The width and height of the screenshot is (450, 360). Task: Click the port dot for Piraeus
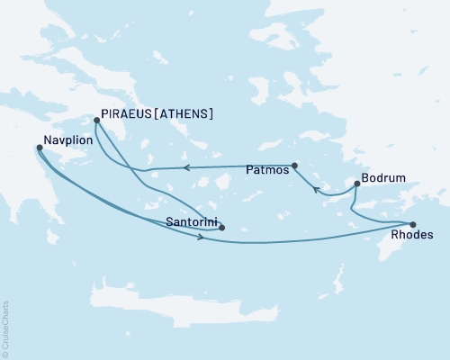(95, 117)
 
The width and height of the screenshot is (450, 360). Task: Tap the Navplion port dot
(38, 148)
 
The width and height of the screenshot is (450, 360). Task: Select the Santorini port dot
(221, 228)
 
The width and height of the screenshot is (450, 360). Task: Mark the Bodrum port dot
(357, 184)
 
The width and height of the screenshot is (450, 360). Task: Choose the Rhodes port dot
(412, 225)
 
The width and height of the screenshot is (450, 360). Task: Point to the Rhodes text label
(413, 238)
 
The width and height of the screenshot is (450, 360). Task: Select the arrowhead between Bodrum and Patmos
(316, 189)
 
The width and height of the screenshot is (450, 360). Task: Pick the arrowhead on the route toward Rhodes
(198, 237)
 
